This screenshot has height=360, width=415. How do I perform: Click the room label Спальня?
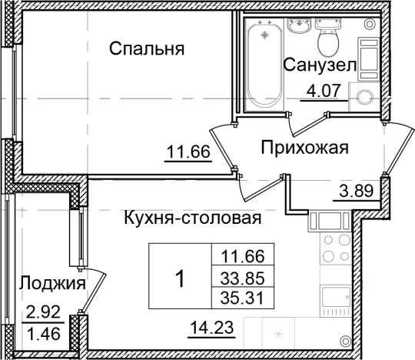pos(147,50)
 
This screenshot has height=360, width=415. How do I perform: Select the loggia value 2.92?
pos(43,313)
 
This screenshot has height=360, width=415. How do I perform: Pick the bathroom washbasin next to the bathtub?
pos(297,26)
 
